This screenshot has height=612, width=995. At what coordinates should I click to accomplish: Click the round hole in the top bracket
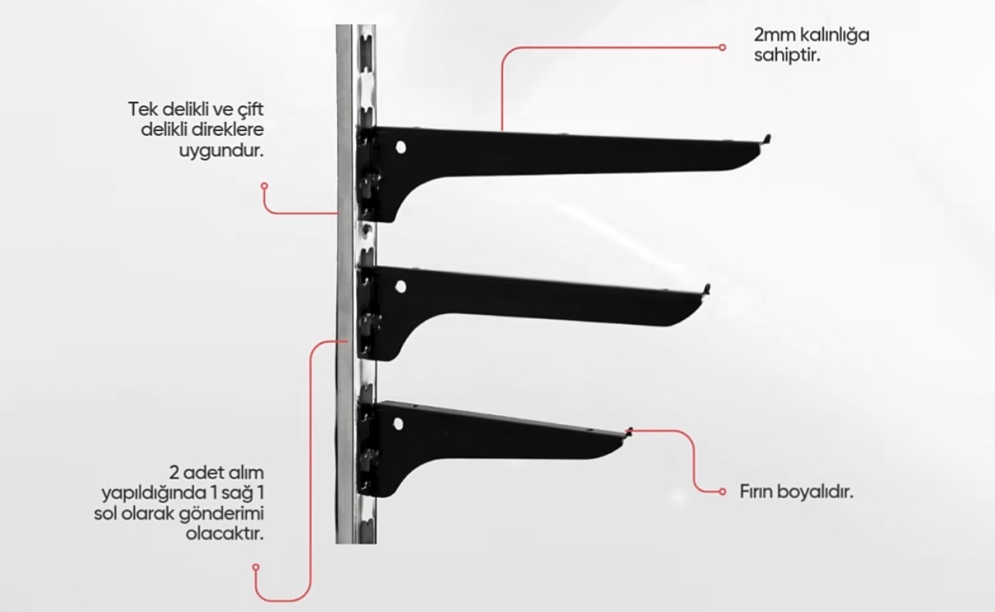[x=400, y=147]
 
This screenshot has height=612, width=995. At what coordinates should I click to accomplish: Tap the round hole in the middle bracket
[x=400, y=287]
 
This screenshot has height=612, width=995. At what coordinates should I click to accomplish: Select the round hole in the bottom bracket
[x=399, y=424]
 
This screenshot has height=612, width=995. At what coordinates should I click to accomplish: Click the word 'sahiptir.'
[x=787, y=56]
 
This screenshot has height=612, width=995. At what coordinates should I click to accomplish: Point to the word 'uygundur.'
[x=221, y=151]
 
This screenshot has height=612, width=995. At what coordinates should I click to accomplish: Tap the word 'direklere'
[x=228, y=129]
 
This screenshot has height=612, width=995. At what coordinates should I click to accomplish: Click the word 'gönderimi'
[x=221, y=514]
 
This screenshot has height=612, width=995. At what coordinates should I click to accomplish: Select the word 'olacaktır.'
[x=224, y=534]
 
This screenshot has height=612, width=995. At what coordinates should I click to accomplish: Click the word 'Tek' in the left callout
[x=142, y=109]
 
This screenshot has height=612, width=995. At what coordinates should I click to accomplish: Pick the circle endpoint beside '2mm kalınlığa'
[x=722, y=47]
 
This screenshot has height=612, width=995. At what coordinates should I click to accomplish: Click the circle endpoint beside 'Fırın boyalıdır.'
[x=722, y=492]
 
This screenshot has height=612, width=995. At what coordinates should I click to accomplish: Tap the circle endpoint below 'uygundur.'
[x=265, y=186]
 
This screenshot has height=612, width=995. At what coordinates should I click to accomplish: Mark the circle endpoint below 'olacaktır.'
[x=255, y=567]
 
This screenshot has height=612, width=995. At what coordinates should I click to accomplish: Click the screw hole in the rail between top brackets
[x=367, y=230]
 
